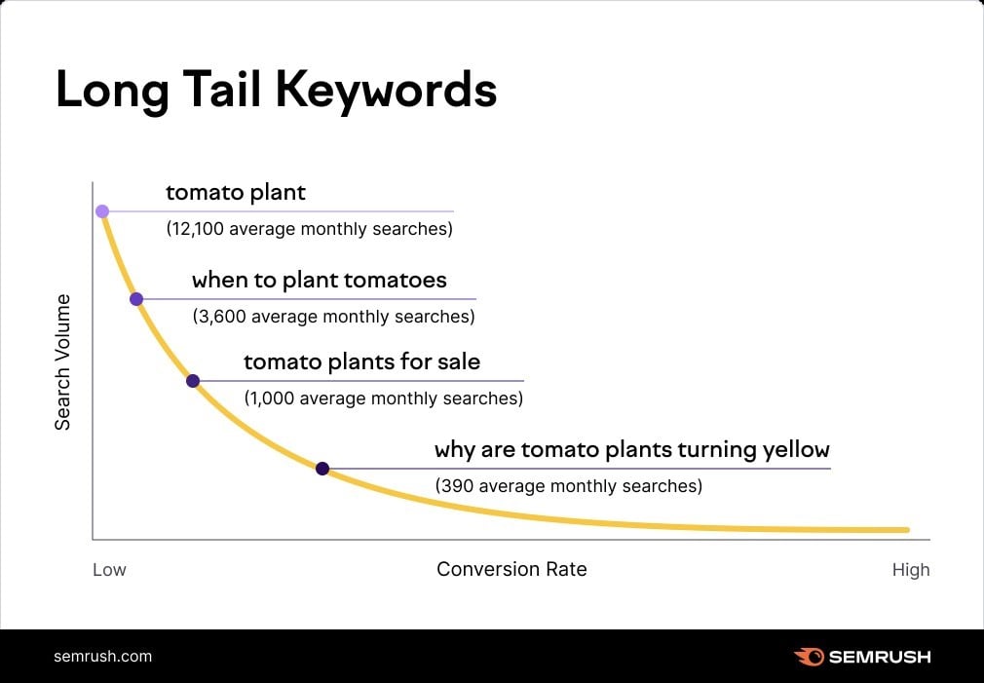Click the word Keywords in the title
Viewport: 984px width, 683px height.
[x=386, y=91]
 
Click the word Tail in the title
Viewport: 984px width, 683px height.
[x=216, y=89]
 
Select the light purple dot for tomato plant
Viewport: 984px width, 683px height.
[x=102, y=210]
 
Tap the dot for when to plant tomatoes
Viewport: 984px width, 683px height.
[x=136, y=299]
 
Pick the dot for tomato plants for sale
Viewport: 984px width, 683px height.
[x=193, y=381]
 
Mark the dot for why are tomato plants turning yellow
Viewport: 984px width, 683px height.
[x=322, y=469]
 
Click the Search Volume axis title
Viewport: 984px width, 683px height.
[x=62, y=361]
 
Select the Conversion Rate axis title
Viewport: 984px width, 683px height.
[x=511, y=569]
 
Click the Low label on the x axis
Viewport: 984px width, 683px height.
[x=109, y=570]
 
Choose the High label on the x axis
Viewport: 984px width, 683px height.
[x=911, y=570]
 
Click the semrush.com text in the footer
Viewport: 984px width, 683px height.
[x=102, y=656]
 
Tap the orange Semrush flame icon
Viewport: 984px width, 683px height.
[x=809, y=657]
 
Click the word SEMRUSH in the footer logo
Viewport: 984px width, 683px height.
[x=879, y=657]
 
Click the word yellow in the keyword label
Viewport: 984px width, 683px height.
[x=797, y=450]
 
